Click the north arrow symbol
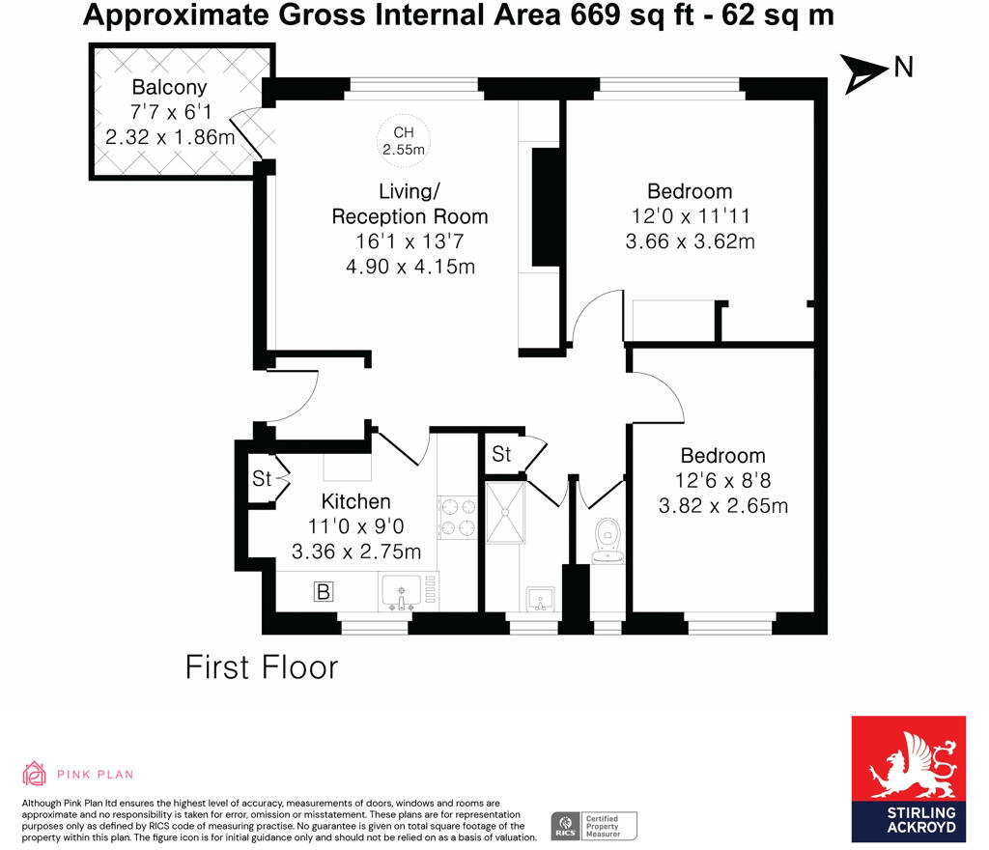[864, 73]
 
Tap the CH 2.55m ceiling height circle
[403, 141]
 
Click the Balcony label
[170, 87]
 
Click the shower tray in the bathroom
[504, 513]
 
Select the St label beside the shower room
[501, 453]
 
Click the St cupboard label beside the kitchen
[262, 478]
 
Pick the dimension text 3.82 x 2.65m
[723, 505]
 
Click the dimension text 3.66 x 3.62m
[690, 241]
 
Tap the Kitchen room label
[355, 501]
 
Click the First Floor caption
[262, 666]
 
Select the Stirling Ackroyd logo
[908, 779]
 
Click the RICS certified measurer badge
[594, 825]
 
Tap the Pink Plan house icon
[34, 774]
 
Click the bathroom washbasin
[540, 597]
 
